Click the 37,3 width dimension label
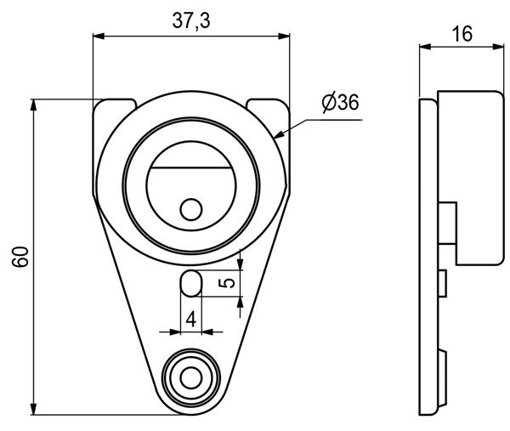(191, 20)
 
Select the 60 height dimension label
(20, 257)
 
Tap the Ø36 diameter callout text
(341, 103)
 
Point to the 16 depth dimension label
(462, 34)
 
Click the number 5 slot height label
(227, 283)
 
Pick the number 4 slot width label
(191, 319)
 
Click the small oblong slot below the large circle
(191, 283)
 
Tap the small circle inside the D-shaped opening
(191, 209)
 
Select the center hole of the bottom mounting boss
(191, 378)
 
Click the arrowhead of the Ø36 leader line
(279, 134)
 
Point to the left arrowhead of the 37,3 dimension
(99, 36)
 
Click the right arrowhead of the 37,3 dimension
(284, 36)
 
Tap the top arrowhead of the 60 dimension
(33, 105)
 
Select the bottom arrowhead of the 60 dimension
(33, 409)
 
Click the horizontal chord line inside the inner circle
(191, 167)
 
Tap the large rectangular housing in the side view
(471, 178)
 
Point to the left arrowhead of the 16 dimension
(425, 47)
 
